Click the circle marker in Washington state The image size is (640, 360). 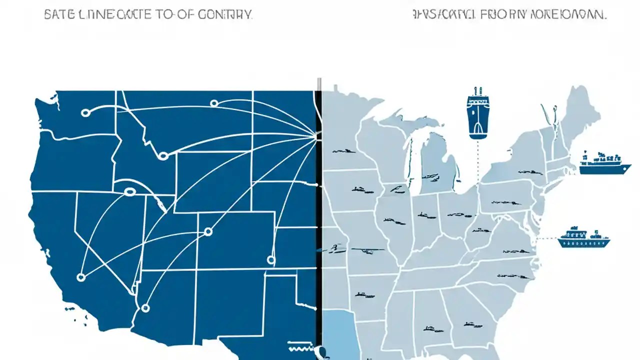85,113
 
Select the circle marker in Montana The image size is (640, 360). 214,103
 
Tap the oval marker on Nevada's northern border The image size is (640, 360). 130,191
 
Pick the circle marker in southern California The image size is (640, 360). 81,276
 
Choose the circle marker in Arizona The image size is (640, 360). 145,308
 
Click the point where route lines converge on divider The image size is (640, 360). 315,134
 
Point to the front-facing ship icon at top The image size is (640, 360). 477,113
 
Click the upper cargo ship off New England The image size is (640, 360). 602,163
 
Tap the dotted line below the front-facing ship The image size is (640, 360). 477,160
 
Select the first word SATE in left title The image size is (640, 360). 55,14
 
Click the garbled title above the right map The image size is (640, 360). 510,14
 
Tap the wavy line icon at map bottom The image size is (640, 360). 300,346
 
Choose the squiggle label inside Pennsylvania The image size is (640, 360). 500,203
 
